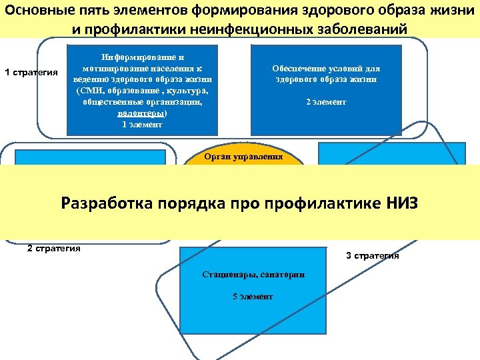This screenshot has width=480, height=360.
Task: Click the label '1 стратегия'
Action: tap(31, 72)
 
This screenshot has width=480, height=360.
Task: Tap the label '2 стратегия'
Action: tap(54, 249)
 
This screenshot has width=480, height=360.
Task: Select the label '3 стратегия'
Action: tap(373, 255)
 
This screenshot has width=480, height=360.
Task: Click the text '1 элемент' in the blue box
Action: tap(142, 123)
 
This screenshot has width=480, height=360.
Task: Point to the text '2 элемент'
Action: tap(326, 102)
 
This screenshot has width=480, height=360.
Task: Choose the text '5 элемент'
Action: tap(253, 297)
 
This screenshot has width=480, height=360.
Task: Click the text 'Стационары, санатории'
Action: tap(253, 275)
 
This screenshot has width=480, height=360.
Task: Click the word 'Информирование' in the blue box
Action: tap(142, 58)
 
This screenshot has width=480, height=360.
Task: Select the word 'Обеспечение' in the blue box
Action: tap(299, 69)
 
